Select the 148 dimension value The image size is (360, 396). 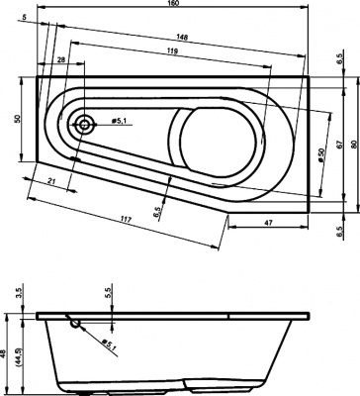tap(182, 40)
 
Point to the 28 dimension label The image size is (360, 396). tap(63, 62)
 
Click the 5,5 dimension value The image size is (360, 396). tap(109, 295)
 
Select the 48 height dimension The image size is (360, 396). tap(6, 352)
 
